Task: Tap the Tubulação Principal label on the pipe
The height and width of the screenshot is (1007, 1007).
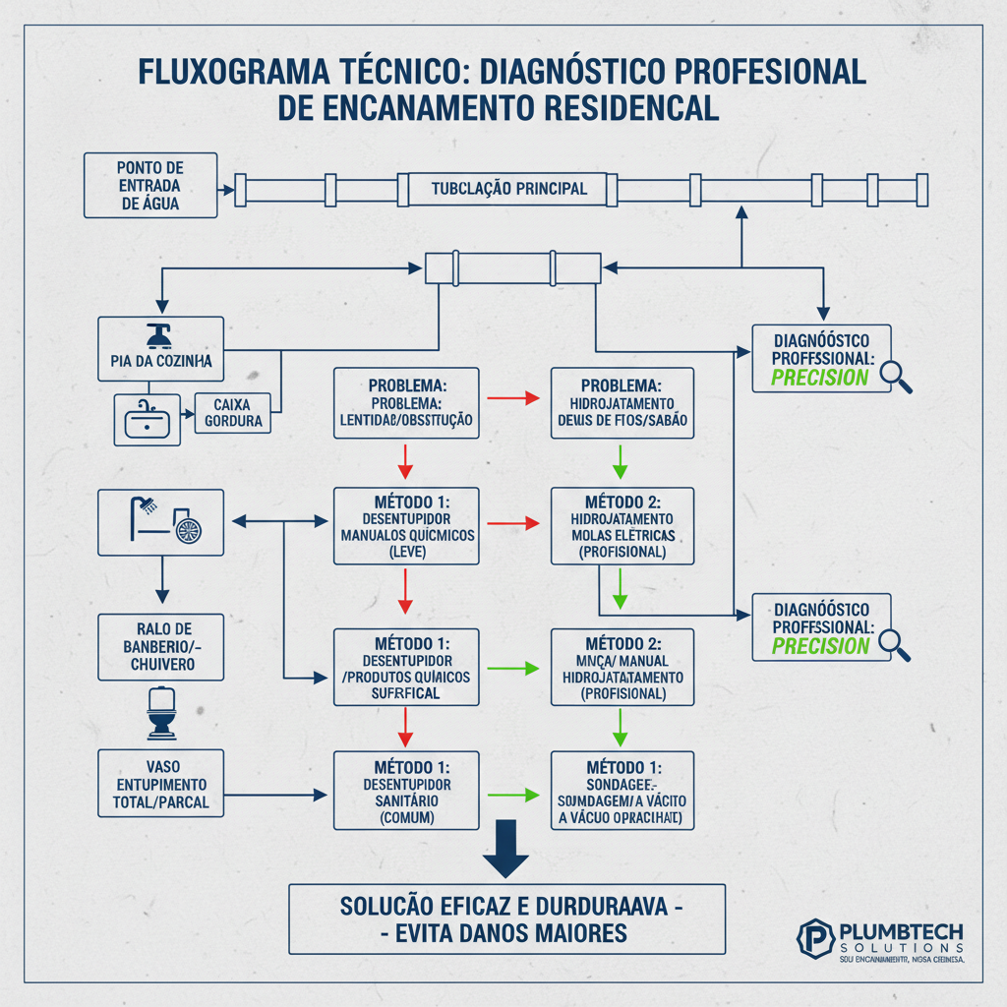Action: click(x=508, y=188)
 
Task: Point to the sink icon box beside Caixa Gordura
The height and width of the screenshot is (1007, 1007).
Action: click(x=148, y=419)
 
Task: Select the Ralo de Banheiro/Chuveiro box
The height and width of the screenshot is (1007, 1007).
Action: click(x=161, y=646)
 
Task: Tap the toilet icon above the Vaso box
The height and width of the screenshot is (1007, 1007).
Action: click(x=160, y=713)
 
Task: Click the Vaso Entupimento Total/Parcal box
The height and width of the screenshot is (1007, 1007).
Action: click(x=161, y=783)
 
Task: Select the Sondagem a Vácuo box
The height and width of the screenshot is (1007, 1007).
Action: click(x=622, y=792)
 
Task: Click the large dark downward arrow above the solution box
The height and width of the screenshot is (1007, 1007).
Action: click(x=506, y=846)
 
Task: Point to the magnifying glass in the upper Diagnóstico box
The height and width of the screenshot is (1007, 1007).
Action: click(x=896, y=377)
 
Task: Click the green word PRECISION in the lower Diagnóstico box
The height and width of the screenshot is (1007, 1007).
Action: click(x=820, y=646)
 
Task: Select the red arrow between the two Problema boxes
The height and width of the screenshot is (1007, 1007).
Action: click(x=513, y=398)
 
